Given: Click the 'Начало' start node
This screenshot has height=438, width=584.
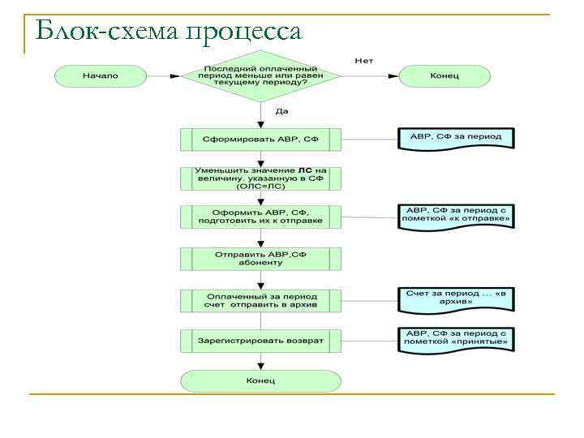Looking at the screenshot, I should tap(100, 76).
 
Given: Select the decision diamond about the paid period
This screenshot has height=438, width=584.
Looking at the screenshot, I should tap(260, 76).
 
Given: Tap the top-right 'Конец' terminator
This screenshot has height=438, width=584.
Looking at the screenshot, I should tap(444, 76).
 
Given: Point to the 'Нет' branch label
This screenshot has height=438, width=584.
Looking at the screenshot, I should tap(364, 61).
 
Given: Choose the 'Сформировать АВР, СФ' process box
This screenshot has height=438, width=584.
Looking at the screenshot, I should tap(260, 140).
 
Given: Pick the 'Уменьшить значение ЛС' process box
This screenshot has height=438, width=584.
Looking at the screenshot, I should tap(260, 178).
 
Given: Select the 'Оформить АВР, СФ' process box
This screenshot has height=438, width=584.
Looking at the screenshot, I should tap(260, 216).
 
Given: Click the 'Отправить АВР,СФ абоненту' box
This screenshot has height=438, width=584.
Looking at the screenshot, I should tap(260, 259).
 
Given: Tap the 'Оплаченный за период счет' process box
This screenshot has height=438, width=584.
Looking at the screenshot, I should tap(260, 300).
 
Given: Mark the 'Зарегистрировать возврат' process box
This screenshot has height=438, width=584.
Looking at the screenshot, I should tap(260, 341).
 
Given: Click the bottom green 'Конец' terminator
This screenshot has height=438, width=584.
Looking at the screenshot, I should tap(260, 381).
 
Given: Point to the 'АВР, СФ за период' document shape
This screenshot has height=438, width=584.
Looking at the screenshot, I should tap(456, 137).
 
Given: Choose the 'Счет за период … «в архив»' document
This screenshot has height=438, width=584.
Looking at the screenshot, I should tap(456, 298).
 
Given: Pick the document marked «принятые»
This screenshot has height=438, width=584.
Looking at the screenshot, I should tap(456, 338).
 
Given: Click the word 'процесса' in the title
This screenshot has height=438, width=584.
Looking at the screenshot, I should tap(243, 32).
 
